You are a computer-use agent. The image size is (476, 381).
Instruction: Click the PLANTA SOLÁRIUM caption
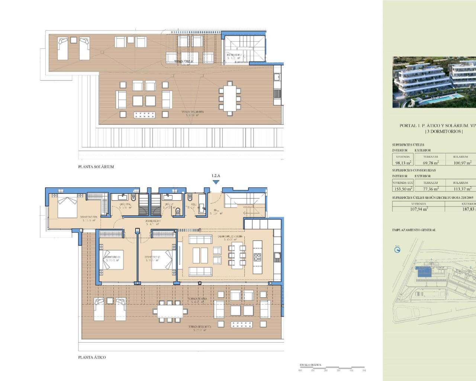(96, 167)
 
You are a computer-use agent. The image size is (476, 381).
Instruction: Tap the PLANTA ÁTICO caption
(92, 357)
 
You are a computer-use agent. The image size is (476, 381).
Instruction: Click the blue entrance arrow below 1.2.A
(216, 182)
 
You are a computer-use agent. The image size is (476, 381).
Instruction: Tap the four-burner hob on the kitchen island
(257, 257)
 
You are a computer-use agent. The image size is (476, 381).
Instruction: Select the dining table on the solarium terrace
(228, 99)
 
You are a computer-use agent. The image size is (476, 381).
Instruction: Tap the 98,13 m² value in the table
(403, 163)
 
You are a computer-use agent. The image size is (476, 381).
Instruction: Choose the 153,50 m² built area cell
(403, 189)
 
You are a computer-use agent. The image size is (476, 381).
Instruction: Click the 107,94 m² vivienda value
(418, 209)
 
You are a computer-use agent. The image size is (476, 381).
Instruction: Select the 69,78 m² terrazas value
(431, 163)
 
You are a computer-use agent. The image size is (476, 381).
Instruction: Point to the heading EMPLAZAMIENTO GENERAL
(414, 230)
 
